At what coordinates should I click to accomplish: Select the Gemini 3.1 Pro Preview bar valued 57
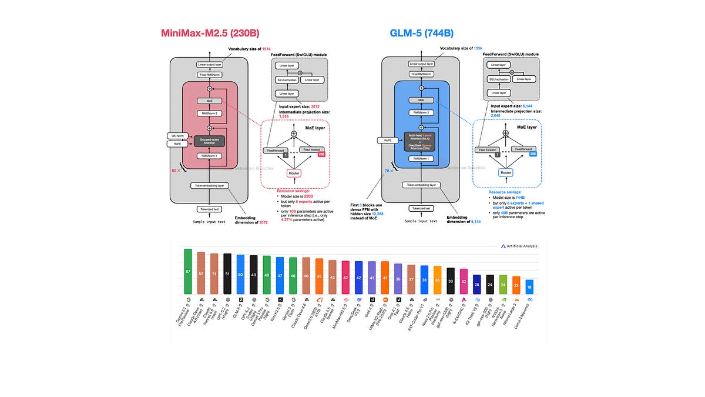(188, 271)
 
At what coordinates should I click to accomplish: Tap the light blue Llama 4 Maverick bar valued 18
(529, 286)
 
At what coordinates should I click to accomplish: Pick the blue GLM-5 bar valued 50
(240, 274)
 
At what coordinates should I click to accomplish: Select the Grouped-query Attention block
(210, 141)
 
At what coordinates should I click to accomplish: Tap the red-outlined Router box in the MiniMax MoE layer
(293, 174)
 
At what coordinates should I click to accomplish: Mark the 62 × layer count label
(175, 169)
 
